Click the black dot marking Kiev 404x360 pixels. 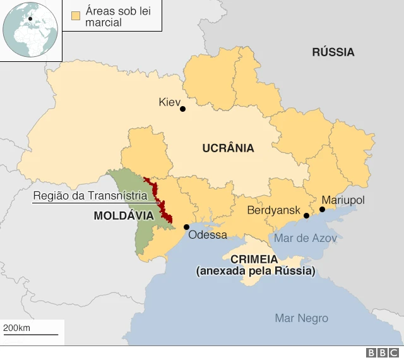(x=182, y=109)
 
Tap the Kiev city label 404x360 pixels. (x=170, y=102)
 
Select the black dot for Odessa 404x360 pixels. (x=186, y=227)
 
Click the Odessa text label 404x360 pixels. (x=208, y=235)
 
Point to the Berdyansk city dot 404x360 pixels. (x=307, y=216)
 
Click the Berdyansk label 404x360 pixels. (x=273, y=210)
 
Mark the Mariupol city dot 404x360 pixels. (x=322, y=209)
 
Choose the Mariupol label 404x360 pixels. (x=343, y=200)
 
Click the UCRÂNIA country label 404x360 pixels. (x=228, y=148)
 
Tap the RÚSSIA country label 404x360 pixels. (x=333, y=52)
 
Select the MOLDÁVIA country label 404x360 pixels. (x=124, y=215)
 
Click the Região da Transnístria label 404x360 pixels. (x=90, y=196)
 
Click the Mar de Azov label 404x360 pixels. (x=305, y=238)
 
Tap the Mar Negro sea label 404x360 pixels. (x=301, y=318)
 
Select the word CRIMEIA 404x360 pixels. (x=254, y=260)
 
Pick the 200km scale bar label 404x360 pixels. (x=17, y=328)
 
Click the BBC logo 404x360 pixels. (x=383, y=352)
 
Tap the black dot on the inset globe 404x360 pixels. (x=29, y=19)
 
